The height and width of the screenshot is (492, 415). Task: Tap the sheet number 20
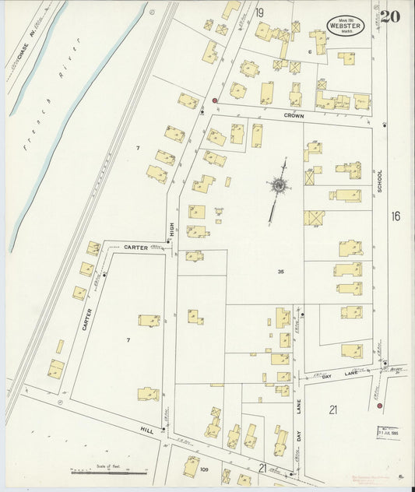(391, 16)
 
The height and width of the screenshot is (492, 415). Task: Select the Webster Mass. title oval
(343, 24)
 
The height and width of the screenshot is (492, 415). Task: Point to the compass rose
(278, 185)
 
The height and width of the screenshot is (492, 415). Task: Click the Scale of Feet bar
(108, 472)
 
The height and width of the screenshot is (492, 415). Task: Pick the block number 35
(280, 271)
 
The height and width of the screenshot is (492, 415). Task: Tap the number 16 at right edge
(396, 216)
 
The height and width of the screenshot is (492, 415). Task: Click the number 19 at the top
(259, 12)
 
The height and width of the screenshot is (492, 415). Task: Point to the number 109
(205, 469)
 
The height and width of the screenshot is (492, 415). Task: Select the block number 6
(309, 52)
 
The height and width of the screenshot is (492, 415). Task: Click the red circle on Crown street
(214, 101)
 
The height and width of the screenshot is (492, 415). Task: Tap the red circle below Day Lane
(379, 406)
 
